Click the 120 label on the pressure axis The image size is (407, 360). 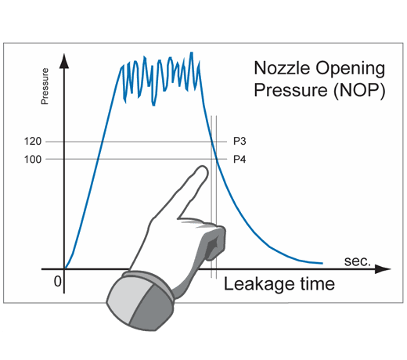coord(33,142)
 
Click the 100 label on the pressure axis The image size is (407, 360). coord(33,159)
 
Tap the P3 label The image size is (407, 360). coord(240,141)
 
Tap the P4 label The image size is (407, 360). coord(240,159)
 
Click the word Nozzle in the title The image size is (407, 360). coord(282,68)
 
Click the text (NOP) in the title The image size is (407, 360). coord(359,91)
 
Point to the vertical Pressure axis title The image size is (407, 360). coord(45,86)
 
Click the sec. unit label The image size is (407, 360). coord(357,261)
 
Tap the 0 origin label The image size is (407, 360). coord(57,282)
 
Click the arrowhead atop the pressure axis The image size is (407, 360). coord(64,61)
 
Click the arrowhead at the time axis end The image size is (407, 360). coord(383,269)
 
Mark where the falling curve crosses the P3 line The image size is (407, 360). coord(212,142)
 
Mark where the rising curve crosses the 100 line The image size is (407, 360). coord(98,159)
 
